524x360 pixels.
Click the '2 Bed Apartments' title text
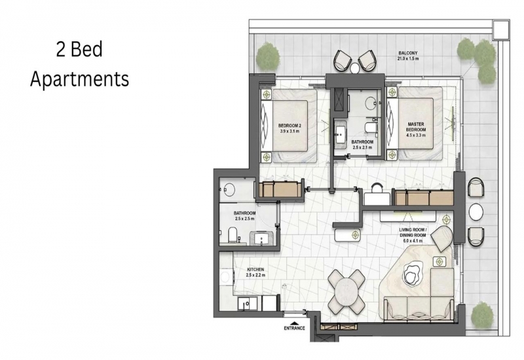(79, 64)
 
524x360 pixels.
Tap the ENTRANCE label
(294, 328)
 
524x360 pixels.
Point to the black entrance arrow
(294, 323)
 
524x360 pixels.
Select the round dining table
(346, 291)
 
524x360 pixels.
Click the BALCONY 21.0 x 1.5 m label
(407, 56)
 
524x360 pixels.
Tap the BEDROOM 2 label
(290, 128)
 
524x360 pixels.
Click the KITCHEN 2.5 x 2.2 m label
(255, 272)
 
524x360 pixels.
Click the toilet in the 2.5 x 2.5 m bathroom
(233, 234)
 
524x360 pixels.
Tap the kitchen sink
(246, 304)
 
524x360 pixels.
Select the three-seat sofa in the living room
(419, 309)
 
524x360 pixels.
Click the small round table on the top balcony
(354, 68)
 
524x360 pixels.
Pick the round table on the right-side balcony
(476, 211)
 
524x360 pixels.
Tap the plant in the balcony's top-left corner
(268, 56)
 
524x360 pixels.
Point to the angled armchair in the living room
(442, 238)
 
